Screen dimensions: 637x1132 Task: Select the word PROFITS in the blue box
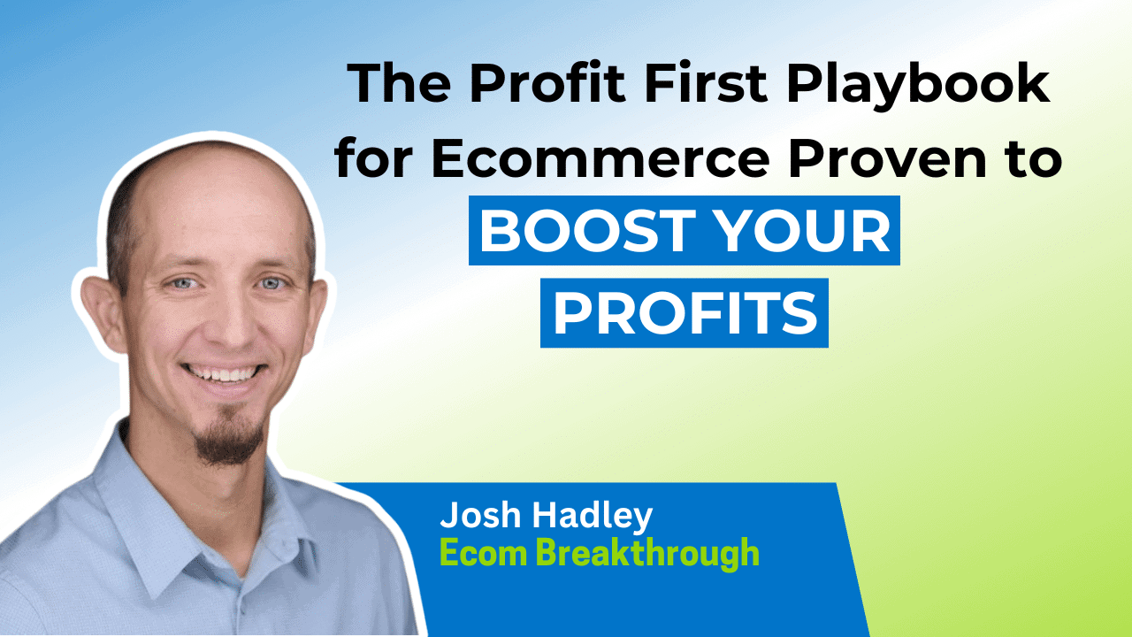[x=685, y=313]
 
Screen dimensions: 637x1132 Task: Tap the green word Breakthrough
[x=648, y=553]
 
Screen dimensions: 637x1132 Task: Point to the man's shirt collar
[x=168, y=495]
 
